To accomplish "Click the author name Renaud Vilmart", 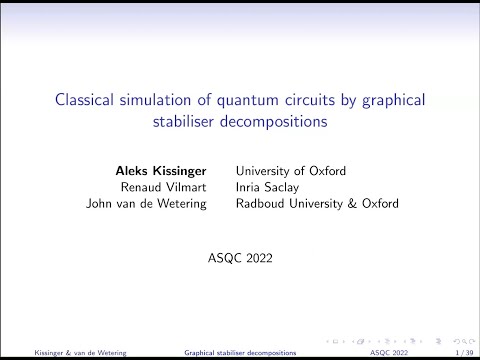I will click(x=177, y=186).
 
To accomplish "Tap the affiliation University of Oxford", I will click(x=289, y=169).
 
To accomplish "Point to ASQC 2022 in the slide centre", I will click(x=240, y=258).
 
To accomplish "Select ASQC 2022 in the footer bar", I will click(x=390, y=352).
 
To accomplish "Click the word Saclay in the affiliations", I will click(x=285, y=186).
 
